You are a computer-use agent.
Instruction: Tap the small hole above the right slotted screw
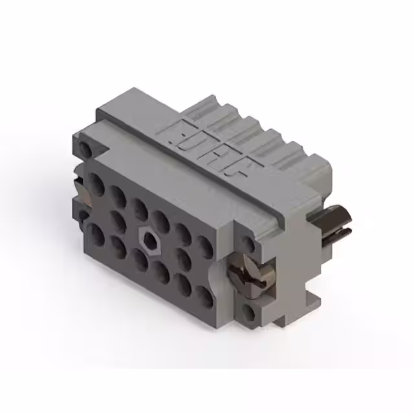point(246,244)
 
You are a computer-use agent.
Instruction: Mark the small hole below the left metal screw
point(83,214)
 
